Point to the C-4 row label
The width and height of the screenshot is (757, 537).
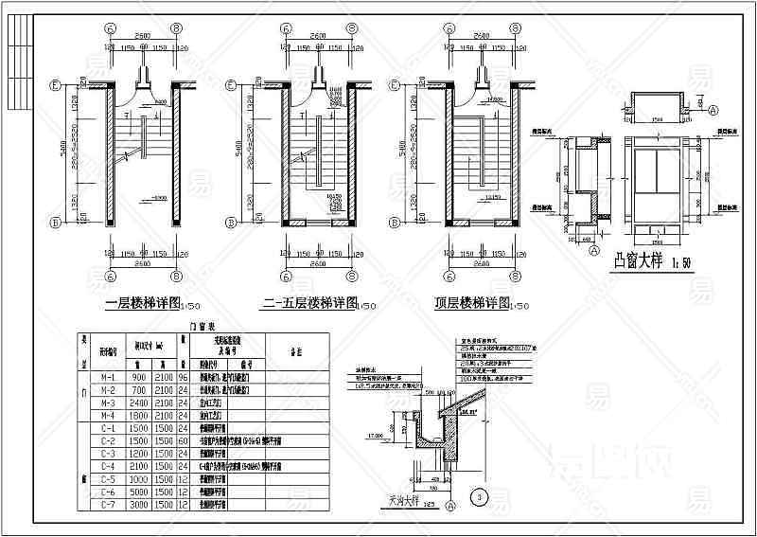pyautogui.click(x=108, y=467)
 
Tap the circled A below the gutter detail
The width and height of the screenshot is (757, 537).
pyautogui.click(x=450, y=507)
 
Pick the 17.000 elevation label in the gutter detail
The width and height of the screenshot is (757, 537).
pyautogui.click(x=375, y=437)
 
